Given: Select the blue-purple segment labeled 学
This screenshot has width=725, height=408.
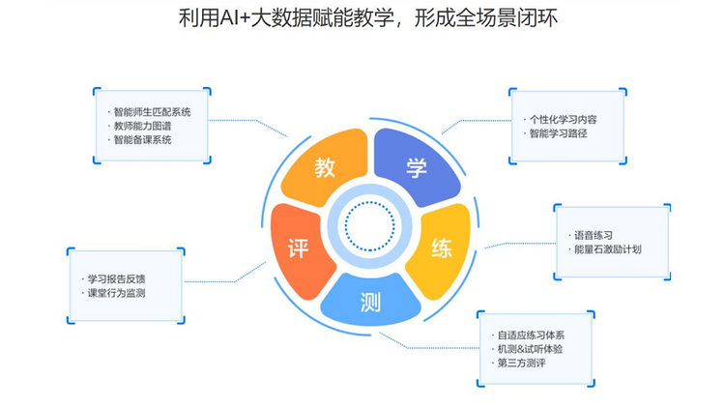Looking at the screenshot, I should coord(416,166).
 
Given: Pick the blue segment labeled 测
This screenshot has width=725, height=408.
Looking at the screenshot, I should coord(370,302).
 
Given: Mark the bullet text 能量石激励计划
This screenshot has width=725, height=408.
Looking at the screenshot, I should coord(607,249).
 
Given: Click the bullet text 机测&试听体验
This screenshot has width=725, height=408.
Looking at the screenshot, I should coord(535,348).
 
